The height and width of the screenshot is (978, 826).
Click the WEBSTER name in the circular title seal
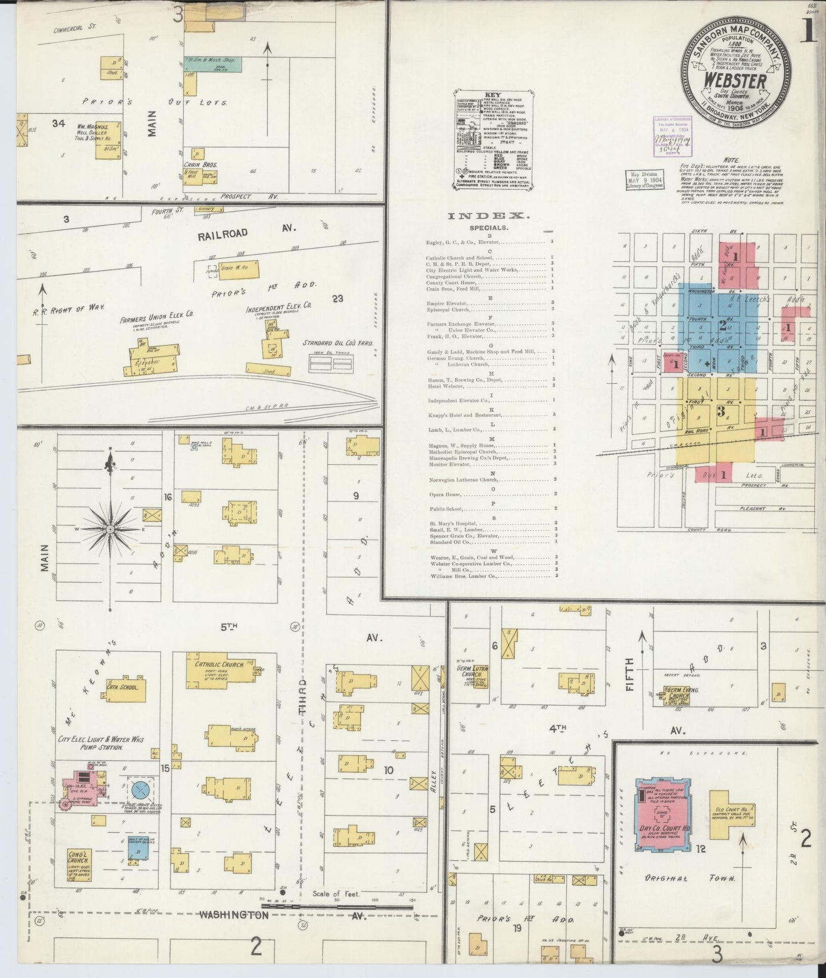coord(735,81)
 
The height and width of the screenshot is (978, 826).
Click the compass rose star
coord(110,530)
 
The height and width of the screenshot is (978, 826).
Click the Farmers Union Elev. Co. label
coord(157,314)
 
